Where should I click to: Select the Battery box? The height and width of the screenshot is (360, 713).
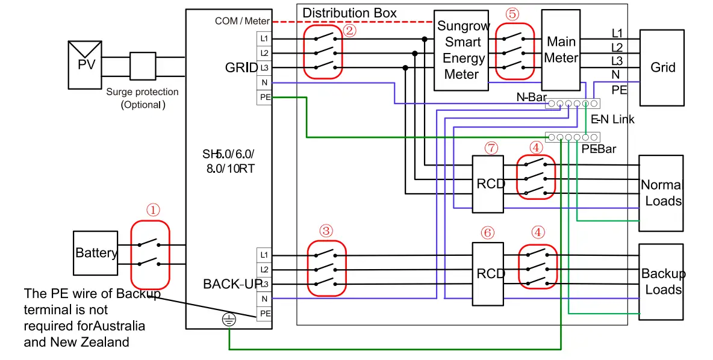[96, 252]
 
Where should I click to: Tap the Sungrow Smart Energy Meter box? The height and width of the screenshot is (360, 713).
[461, 50]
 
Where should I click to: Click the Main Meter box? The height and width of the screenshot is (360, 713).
[561, 50]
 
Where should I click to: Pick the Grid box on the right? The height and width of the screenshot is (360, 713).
[662, 67]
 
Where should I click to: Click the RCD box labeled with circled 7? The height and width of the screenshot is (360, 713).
[488, 184]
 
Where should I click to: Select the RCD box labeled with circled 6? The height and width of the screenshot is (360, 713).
[488, 274]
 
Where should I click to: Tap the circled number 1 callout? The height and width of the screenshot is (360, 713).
[154, 209]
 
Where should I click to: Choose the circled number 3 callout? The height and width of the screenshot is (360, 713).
[326, 231]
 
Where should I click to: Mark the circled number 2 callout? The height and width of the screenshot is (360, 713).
[350, 30]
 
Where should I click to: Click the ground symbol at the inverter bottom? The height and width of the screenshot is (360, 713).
[228, 320]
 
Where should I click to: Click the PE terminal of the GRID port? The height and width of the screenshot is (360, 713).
[264, 97]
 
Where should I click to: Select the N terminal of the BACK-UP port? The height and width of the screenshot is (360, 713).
[264, 299]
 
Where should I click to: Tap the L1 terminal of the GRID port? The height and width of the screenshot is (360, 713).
[264, 39]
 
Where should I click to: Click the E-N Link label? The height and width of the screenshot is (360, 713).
[612, 119]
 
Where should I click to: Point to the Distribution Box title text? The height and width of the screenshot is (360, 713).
[349, 13]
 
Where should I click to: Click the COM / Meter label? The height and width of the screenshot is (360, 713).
[242, 22]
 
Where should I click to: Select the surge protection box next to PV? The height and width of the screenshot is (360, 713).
[143, 66]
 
